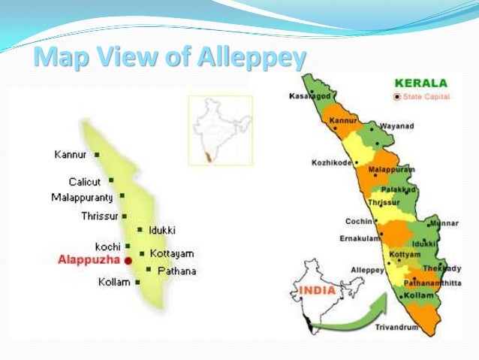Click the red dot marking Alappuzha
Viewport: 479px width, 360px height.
point(128,260)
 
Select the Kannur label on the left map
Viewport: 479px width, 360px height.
point(71,155)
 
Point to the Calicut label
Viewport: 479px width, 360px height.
point(84,181)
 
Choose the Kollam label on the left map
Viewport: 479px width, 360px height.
point(114,283)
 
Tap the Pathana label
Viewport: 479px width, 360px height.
point(176,270)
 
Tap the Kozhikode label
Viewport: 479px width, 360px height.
point(333,163)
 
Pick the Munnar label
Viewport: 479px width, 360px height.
point(445,224)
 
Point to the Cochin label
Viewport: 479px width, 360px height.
point(359,222)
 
